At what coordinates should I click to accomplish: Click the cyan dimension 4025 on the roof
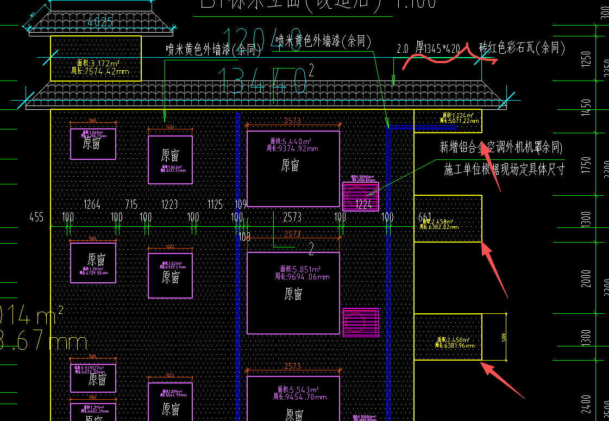(x=100, y=22)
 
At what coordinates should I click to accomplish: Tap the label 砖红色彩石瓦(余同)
(x=522, y=48)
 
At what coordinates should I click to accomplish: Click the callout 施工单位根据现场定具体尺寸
(x=504, y=170)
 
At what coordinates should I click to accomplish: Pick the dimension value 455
(x=37, y=218)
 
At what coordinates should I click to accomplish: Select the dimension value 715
(x=131, y=205)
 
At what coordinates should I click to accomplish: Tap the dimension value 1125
(x=215, y=205)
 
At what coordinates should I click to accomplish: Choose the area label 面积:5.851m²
(x=300, y=269)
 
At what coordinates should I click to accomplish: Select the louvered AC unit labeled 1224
(x=361, y=196)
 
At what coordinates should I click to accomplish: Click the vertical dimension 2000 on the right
(x=585, y=278)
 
